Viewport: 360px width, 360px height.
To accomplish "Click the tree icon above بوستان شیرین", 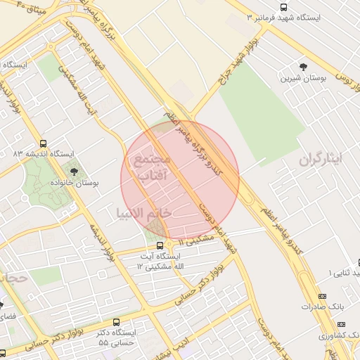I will (303, 67).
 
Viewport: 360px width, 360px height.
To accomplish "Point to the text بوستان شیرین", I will (303, 79).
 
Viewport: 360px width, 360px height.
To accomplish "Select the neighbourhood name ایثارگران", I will (320, 160).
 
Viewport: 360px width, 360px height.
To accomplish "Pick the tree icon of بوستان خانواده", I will (75, 171).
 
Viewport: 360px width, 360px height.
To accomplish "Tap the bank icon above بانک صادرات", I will (323, 297).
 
